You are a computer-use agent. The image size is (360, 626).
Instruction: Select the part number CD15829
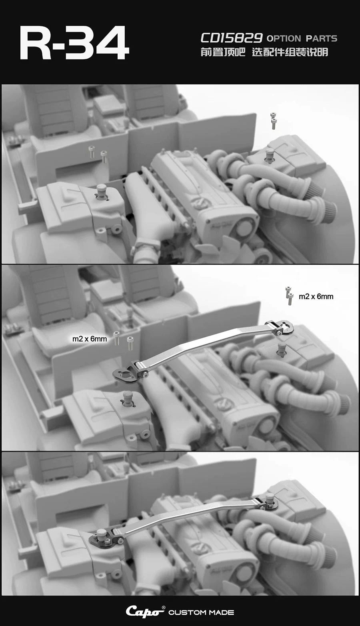(232, 38)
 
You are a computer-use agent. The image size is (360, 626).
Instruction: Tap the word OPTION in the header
(284, 38)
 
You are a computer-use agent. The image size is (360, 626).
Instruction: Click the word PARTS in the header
(322, 38)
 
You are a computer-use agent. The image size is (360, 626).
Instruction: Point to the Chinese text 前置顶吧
(223, 52)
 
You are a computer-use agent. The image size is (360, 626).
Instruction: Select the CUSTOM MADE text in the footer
(201, 612)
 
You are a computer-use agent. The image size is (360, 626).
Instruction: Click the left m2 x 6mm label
(90, 339)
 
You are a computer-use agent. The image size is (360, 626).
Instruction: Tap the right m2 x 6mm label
(316, 296)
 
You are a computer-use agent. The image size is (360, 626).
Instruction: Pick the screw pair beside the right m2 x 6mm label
(289, 296)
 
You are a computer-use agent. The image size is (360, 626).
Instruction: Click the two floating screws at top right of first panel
(273, 121)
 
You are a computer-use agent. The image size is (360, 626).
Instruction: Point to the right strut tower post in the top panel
(270, 155)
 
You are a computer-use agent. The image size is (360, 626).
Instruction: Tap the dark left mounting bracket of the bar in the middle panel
(126, 374)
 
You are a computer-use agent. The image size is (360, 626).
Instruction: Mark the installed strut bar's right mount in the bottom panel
(266, 502)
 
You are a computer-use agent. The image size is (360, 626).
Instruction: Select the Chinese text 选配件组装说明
(290, 52)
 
